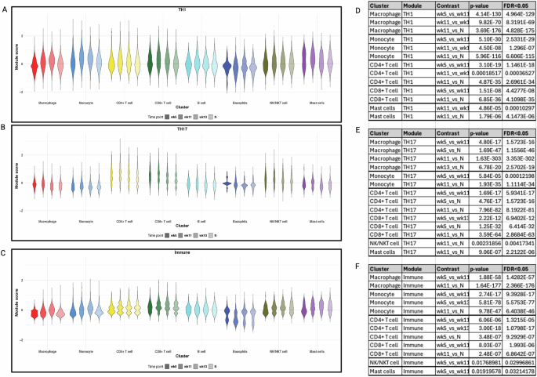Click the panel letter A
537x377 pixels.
click(4, 7)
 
